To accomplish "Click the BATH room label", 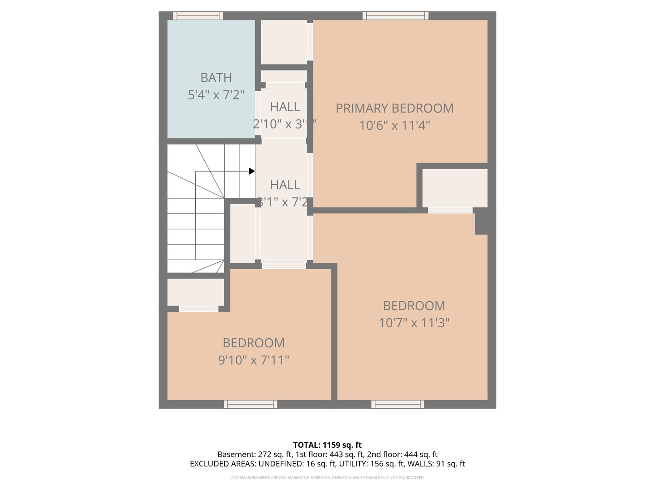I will pos(216,78).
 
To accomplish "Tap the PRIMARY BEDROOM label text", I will pos(394,108).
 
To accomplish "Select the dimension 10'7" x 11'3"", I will pos(414,323).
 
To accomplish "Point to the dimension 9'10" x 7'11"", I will pos(253,360).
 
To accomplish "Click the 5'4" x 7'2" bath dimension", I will pos(216,95).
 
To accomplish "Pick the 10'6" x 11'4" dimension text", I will pos(394,125).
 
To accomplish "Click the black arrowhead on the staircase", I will pos(252,171).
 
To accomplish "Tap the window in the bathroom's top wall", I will pos(198,16).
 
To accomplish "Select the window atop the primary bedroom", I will pos(395,16).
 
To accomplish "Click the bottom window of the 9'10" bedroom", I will pos(250,404).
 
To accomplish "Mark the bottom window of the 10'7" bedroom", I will pos(398,404).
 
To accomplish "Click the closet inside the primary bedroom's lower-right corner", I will pos(454,188).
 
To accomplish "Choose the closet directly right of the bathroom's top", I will pos(283,42).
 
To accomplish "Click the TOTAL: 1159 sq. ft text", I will pos(327,445).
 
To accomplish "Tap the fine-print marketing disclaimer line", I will pos(327,478).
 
